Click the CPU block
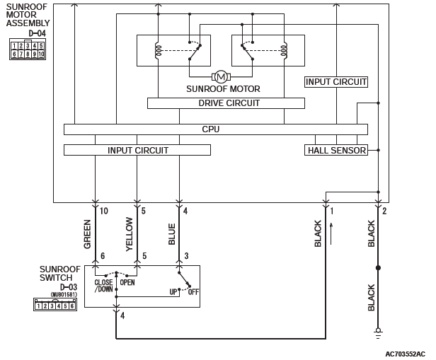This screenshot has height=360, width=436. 216,129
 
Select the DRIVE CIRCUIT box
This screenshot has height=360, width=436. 226,103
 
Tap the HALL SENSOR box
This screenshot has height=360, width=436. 336,150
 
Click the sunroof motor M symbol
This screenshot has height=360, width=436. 221,76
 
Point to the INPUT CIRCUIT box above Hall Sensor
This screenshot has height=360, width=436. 336,82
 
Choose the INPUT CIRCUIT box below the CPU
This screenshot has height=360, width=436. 137,150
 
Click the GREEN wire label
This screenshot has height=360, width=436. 87,234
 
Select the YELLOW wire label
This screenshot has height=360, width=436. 130,234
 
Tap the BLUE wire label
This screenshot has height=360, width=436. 171,234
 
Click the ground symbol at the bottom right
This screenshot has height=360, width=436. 378,332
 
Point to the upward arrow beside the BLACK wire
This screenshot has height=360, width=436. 331,234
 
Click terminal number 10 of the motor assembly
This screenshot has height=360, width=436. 104,211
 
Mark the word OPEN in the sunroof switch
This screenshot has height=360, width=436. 127,282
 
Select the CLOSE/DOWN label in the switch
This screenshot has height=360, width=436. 104,286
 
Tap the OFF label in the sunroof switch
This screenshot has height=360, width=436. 193,292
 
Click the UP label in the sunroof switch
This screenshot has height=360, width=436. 173,292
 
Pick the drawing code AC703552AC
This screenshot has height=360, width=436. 405,354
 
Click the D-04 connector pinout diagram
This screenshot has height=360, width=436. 28,50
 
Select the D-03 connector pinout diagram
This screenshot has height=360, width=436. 55,304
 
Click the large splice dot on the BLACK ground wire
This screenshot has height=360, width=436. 378,268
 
